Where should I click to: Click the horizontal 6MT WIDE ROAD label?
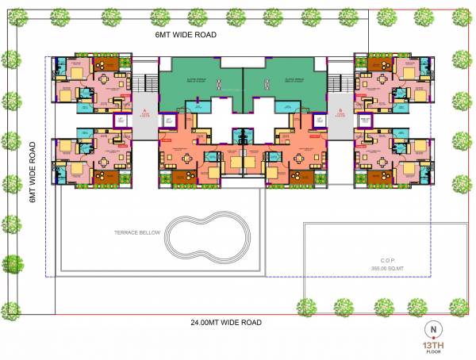click(x=186, y=36)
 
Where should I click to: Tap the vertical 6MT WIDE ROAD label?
click(x=33, y=172)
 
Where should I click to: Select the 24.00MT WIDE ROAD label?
click(x=225, y=323)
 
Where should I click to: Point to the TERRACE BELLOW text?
click(x=137, y=233)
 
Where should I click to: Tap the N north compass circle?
click(x=433, y=327)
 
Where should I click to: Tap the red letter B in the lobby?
click(x=340, y=113)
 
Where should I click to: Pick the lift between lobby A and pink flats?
click(x=124, y=121)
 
